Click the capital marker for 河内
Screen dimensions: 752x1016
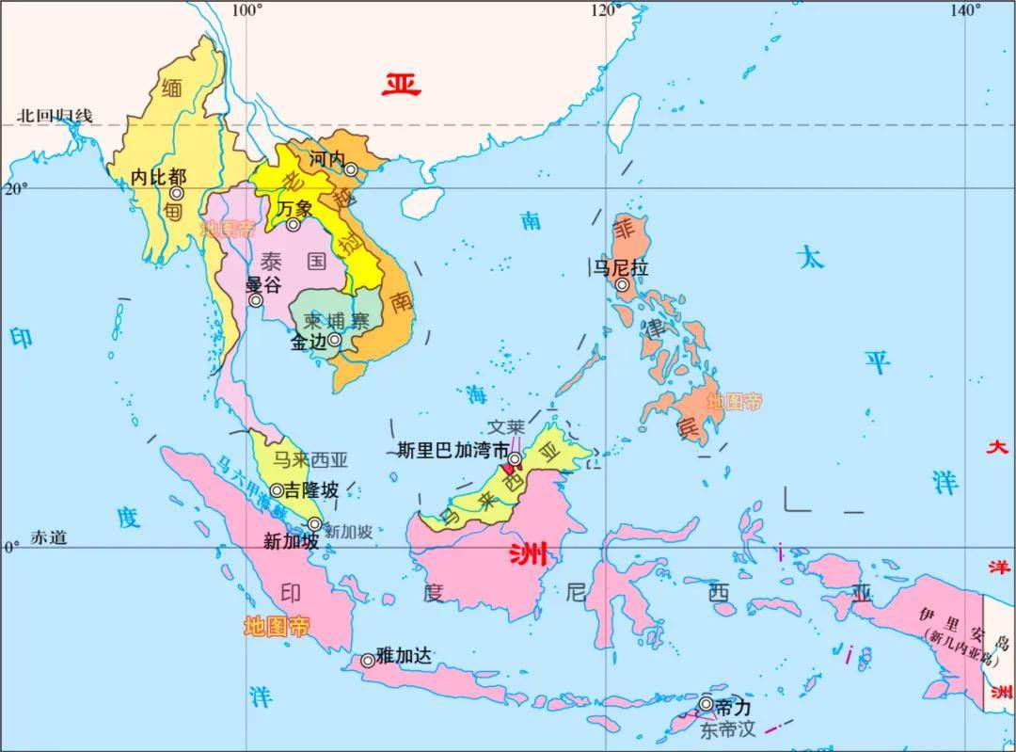350,169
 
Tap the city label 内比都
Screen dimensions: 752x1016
158,176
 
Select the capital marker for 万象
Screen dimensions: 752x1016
294,224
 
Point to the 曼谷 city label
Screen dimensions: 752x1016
262,283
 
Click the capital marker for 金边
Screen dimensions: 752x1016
334,340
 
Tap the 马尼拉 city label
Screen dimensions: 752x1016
620,267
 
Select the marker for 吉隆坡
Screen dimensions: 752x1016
277,490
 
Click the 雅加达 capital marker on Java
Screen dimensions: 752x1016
368,661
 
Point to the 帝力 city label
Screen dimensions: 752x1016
734,706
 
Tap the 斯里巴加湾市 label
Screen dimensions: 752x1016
452,451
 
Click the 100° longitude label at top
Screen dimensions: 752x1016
246,10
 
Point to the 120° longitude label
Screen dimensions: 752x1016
606,10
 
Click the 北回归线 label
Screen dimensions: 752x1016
56,116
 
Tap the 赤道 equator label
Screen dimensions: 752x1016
49,537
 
